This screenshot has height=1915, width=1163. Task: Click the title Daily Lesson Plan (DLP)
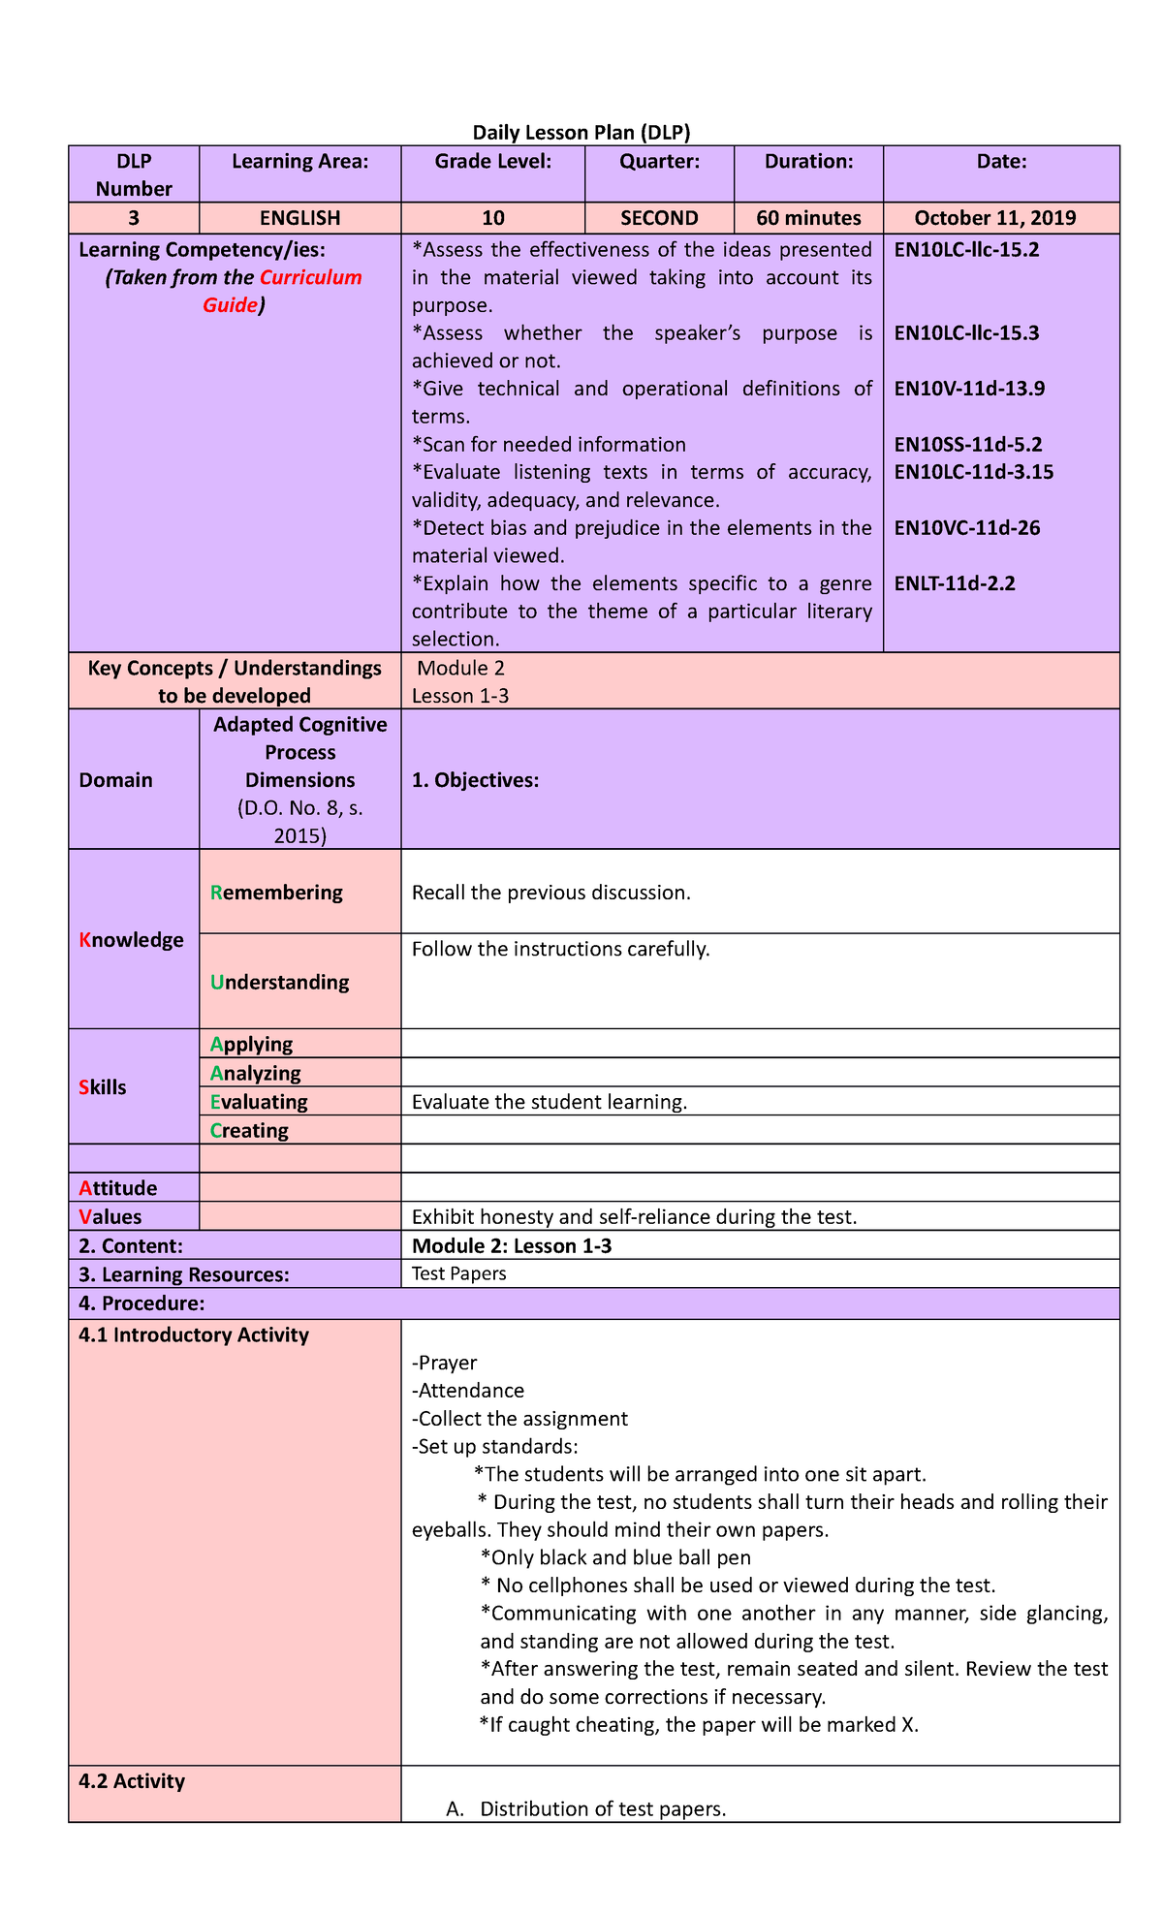coord(581,133)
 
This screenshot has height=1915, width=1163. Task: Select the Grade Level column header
coord(492,162)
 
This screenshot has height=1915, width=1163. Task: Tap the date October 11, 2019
coord(1001,218)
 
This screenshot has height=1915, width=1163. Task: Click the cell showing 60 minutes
coord(808,218)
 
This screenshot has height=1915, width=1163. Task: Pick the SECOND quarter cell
coord(659,218)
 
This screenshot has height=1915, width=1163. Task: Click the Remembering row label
coord(276,893)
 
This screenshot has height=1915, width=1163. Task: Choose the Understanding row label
coord(279,983)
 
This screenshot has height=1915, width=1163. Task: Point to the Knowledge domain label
coord(131,940)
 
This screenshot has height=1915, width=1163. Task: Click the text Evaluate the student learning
coord(549,1102)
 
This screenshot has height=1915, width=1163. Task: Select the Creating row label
coord(249,1131)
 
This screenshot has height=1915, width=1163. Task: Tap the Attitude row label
coord(118,1188)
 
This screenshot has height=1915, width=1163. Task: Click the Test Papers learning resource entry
coord(458,1274)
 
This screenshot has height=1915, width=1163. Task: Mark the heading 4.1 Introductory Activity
coord(194,1335)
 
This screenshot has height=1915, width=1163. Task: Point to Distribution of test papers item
coord(603,1809)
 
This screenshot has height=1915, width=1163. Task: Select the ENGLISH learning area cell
coord(299,218)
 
